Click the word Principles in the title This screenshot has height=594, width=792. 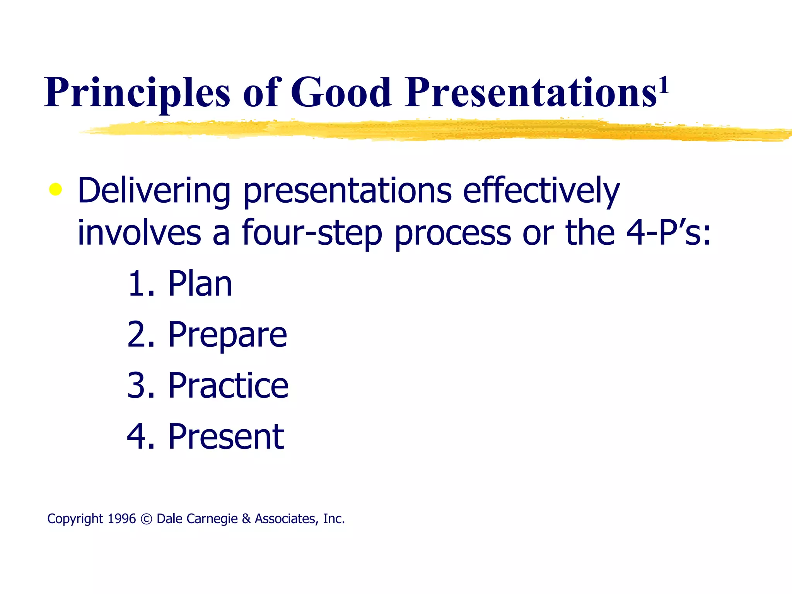pos(137,93)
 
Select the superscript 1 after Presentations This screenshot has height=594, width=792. pos(664,86)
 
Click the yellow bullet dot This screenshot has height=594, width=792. pos(56,189)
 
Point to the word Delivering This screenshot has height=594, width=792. pos(154,191)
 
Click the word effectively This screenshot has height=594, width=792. pos(541,191)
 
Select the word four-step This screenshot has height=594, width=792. pos(312,233)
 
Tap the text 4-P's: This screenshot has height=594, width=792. pos(668,233)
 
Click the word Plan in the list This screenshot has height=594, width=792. pos(200,284)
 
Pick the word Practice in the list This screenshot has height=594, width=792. pos(228,386)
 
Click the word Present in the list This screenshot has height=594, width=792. pos(226,437)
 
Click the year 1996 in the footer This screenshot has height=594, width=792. pos(121,519)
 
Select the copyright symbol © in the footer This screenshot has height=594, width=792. pos(146,519)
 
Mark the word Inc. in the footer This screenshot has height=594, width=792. pos(334,519)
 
